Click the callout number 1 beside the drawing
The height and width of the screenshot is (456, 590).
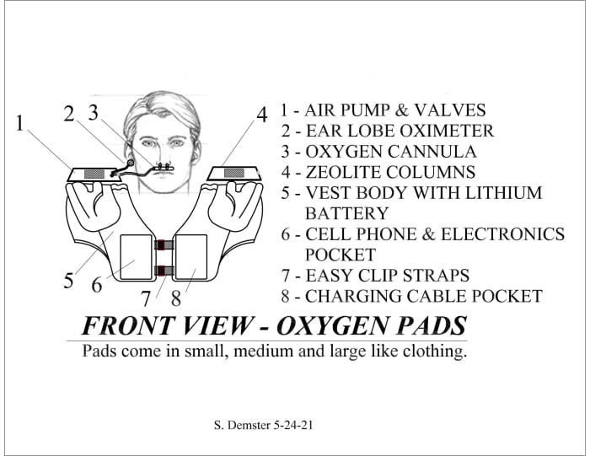[19, 123]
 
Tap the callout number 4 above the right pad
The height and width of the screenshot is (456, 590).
[262, 113]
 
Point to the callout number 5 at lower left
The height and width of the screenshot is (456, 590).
[67, 280]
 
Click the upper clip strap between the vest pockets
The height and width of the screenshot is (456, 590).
[164, 245]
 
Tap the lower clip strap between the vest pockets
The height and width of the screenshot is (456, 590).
[164, 271]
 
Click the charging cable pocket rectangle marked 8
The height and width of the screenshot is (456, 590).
[190, 260]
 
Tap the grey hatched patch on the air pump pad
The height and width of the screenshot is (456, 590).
[92, 173]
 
